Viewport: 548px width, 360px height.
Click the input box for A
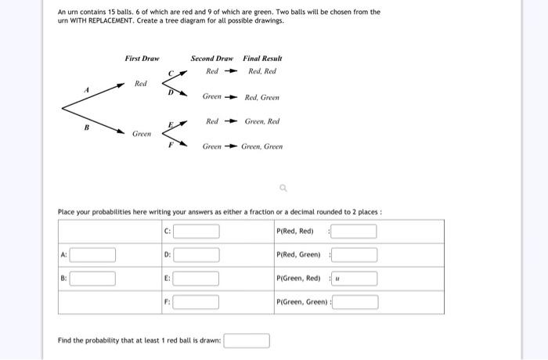[93, 255]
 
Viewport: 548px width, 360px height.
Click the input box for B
[93, 279]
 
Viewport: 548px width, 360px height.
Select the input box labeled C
[196, 232]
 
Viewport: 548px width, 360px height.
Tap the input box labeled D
[196, 255]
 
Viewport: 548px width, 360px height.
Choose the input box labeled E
[196, 279]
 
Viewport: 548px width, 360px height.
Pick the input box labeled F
[196, 302]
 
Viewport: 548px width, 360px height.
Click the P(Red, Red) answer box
[354, 232]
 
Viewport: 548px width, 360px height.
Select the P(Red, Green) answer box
[354, 255]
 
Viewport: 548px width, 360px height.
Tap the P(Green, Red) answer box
[354, 279]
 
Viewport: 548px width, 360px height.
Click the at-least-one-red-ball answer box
[247, 341]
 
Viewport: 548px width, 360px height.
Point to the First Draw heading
[142, 59]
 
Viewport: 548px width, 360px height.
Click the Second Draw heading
[211, 59]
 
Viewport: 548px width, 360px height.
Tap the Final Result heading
[262, 59]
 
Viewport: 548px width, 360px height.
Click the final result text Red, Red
[262, 72]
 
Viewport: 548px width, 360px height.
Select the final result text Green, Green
[262, 146]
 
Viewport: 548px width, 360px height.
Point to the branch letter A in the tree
[88, 91]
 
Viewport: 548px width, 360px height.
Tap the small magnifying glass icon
[283, 187]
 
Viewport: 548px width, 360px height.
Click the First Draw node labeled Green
[142, 134]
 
